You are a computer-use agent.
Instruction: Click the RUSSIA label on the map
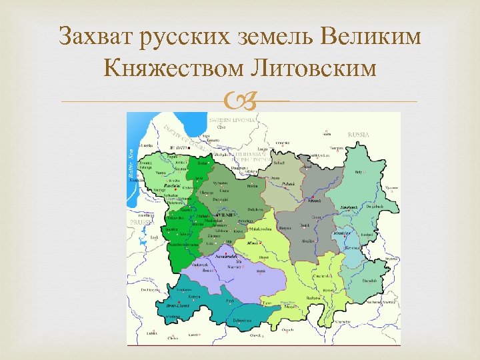click(358, 134)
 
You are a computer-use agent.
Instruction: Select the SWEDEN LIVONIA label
click(229, 119)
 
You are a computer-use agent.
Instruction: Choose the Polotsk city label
click(288, 183)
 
